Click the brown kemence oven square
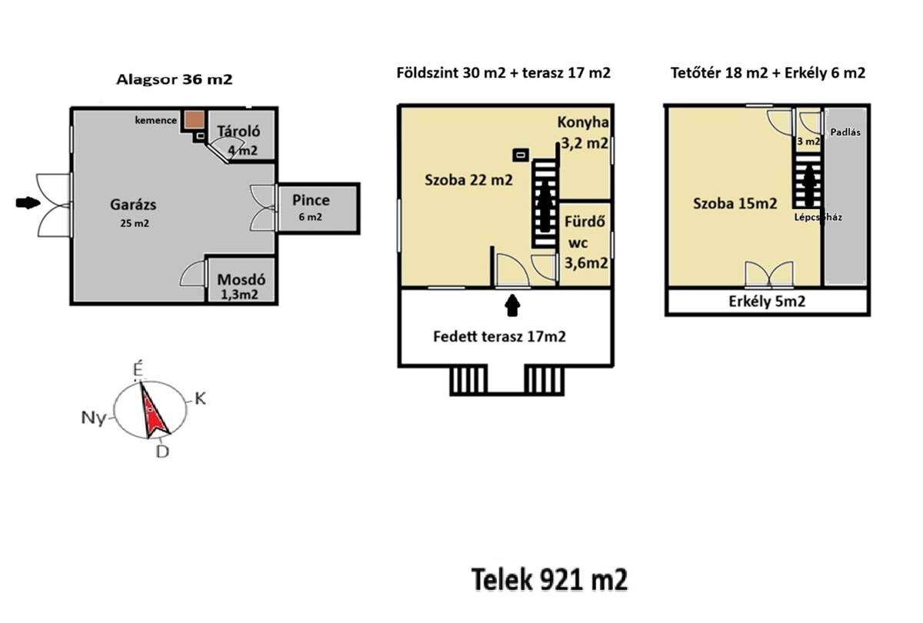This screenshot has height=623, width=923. coord(194,119)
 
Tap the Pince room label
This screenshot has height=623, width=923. coord(311,200)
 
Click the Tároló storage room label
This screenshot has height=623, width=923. coord(238,132)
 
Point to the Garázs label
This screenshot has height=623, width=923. coord(133,205)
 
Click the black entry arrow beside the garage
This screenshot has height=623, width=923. coord(28,203)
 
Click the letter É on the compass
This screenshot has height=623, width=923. coord(138,368)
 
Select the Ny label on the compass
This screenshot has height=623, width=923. coord(94,418)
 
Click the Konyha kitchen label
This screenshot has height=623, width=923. coord(583,122)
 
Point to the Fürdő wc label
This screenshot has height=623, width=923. coord(585,232)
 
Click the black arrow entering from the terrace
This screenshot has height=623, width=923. coord(512,305)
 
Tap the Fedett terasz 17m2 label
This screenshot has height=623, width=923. coord(499,337)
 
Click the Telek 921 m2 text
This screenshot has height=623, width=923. coord(549,579)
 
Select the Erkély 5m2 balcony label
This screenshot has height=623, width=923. coord(767,302)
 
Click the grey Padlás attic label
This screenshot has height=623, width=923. coord(845,132)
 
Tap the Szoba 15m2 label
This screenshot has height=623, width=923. coord(735,204)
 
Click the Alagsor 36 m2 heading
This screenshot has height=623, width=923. coord(175,79)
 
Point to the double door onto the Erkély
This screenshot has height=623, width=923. coord(769,274)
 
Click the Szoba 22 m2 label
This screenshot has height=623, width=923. coord(468,180)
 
